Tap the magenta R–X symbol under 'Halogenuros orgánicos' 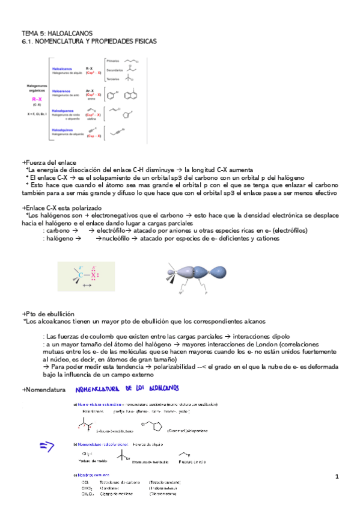[36, 99]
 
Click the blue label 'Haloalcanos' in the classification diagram [63, 69]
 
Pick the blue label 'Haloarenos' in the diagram [63, 91]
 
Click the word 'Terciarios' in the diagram [112, 79]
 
